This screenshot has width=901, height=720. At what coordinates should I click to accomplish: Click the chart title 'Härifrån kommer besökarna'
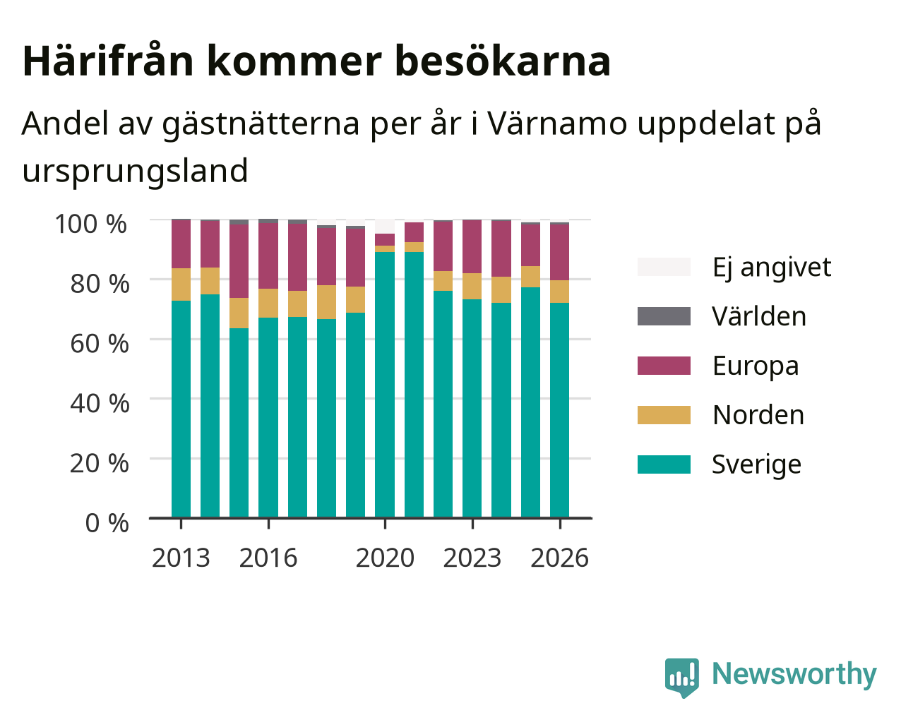[x=316, y=61]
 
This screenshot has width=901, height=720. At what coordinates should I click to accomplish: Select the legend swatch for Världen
[x=664, y=316]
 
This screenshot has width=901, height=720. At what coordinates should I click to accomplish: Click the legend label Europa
[x=756, y=366]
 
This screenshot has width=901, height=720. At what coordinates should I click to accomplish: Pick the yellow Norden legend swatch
[x=664, y=415]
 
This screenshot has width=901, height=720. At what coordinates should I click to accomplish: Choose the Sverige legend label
[x=756, y=464]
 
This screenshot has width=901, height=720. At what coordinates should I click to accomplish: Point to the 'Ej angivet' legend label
[x=772, y=268]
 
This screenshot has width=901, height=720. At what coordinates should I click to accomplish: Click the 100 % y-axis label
[x=90, y=224]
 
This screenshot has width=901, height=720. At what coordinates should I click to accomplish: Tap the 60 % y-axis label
[x=100, y=344]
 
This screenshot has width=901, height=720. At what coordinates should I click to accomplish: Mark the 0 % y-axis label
[x=107, y=523]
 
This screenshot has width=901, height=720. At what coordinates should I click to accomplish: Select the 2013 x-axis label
[x=181, y=558]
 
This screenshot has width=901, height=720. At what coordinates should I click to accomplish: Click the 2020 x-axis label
[x=385, y=558]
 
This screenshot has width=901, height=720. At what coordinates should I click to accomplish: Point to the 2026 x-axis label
[x=560, y=558]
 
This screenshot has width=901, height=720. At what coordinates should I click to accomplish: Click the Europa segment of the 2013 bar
[x=181, y=244]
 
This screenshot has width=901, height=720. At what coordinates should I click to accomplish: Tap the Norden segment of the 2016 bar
[x=268, y=303]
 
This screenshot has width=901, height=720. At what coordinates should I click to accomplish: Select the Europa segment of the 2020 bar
[x=385, y=240]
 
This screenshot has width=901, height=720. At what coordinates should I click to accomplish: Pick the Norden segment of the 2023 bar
[x=472, y=287]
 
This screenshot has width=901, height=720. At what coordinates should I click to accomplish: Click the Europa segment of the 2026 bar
[x=559, y=253]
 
